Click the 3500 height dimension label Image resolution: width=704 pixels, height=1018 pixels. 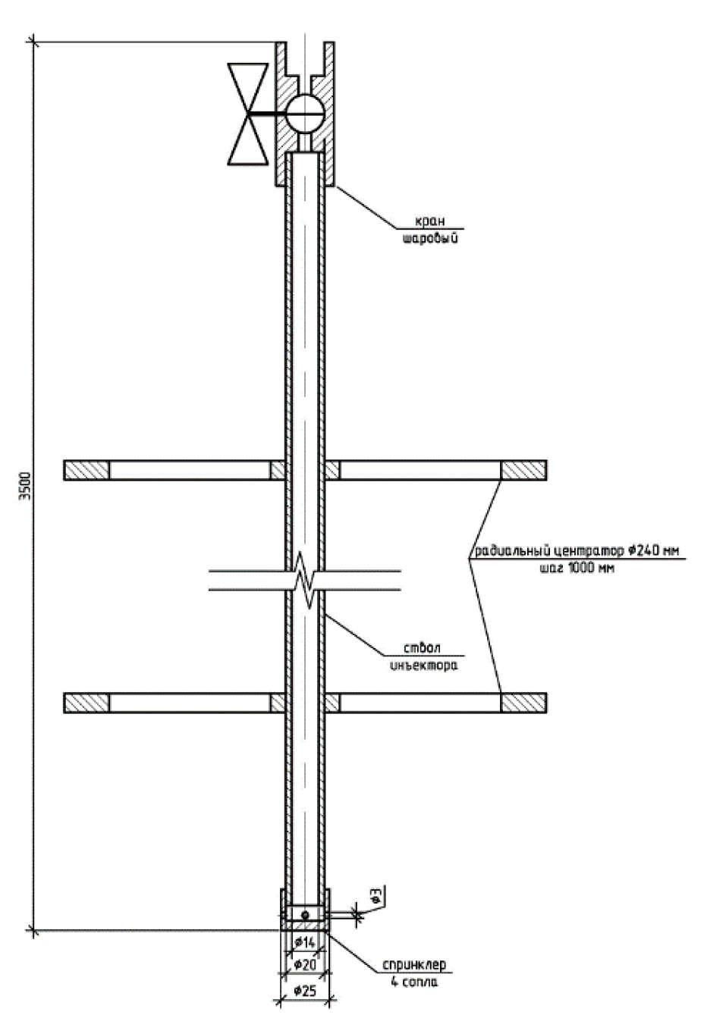click(27, 487)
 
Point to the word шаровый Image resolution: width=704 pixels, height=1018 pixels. click(430, 237)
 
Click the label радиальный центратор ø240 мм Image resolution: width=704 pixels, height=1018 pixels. click(577, 551)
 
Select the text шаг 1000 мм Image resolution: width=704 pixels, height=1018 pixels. click(577, 568)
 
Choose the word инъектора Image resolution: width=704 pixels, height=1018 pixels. click(424, 666)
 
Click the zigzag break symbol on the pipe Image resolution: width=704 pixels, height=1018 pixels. click(305, 581)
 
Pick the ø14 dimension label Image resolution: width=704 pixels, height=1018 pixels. click(304, 942)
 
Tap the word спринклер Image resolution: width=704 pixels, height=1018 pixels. click(414, 964)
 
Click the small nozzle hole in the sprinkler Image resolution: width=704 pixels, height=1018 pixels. click(305, 914)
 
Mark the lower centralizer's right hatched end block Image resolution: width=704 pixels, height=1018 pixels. click(523, 703)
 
